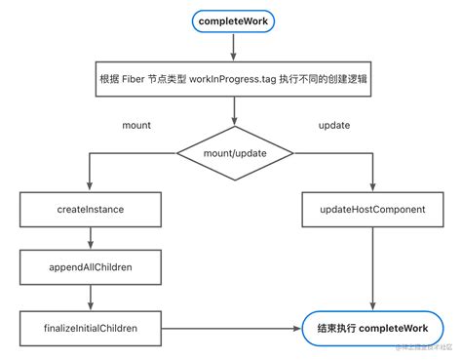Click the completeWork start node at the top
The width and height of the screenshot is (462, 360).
232,20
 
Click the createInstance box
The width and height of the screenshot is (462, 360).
91,208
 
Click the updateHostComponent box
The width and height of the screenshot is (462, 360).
372,208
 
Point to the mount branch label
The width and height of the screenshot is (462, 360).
135,126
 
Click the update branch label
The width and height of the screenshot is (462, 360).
334,126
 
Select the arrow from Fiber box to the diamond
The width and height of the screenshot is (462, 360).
232,112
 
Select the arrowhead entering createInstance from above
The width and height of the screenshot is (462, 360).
91,187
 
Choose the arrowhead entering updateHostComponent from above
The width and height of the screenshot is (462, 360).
372,187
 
